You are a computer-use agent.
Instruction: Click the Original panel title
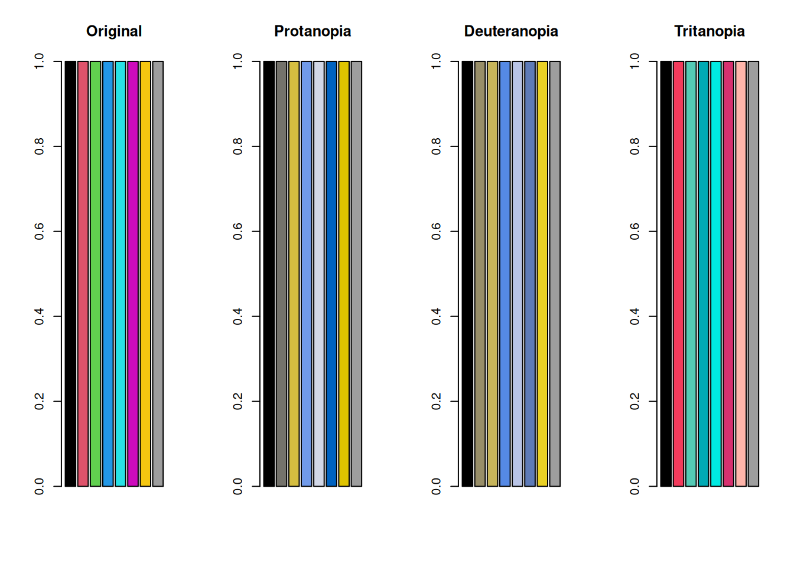pyautogui.click(x=114, y=31)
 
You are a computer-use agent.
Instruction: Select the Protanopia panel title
pyautogui.click(x=313, y=31)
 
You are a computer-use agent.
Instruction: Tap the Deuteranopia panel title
pyautogui.click(x=511, y=31)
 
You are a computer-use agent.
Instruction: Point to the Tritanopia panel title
pyautogui.click(x=709, y=31)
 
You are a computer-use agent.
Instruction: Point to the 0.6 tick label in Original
pyautogui.click(x=40, y=232)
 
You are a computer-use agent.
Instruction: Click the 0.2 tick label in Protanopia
pyautogui.click(x=238, y=402)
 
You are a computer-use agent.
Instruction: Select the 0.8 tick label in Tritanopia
pyautogui.click(x=635, y=146)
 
